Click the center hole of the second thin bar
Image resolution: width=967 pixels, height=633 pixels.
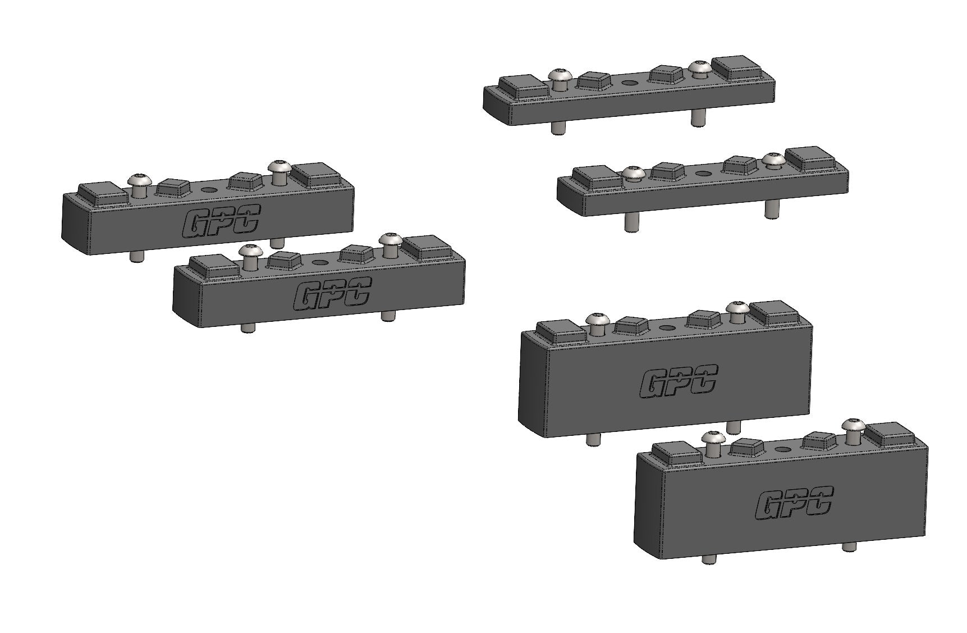coord(702,173)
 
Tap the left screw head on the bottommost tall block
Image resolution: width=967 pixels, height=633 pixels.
coord(713,438)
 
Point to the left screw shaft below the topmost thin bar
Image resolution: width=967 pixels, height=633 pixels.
coord(557,127)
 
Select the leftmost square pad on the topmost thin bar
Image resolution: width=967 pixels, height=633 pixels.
coord(523,86)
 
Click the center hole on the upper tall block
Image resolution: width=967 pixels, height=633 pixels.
coord(667,327)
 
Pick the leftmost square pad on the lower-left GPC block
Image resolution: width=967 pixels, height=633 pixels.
coord(215,263)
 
